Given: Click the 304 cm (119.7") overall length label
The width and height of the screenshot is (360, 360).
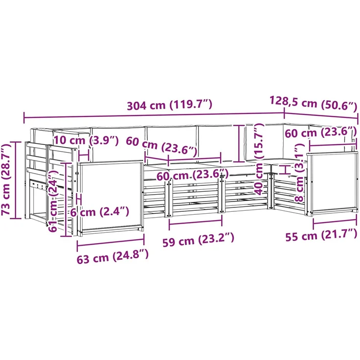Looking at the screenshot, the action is point(169,105).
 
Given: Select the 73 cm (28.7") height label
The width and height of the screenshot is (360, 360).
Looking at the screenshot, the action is point(6,179).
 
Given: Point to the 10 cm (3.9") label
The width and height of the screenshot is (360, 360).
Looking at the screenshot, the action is point(86,140).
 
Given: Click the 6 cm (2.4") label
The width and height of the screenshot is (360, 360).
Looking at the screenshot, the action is point(99,212).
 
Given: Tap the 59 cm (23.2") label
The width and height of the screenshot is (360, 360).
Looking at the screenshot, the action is point(199,240).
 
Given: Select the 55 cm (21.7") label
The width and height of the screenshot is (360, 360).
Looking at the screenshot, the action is point(321,235).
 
